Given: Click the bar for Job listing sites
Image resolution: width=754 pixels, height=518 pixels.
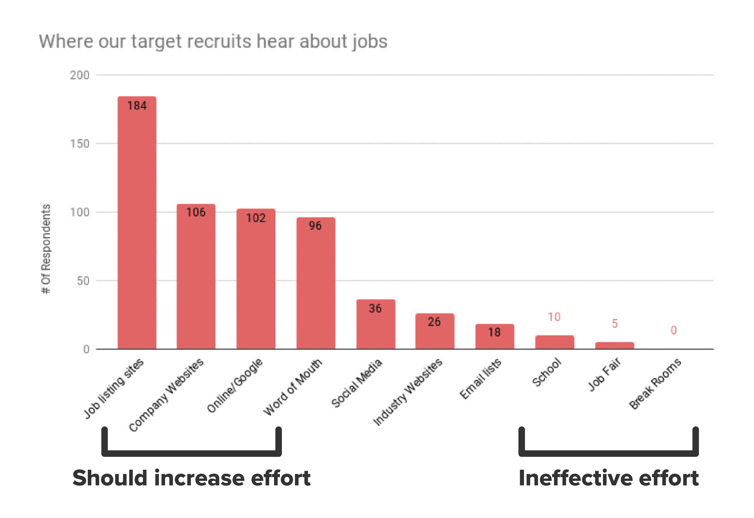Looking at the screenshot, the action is click(137, 222).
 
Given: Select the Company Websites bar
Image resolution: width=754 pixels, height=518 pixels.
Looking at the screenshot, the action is click(196, 276).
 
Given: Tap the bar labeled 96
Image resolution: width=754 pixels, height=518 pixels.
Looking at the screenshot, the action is click(316, 283).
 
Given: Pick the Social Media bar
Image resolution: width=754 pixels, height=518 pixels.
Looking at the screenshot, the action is click(376, 324).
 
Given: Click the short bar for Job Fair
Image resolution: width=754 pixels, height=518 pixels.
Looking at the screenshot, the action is click(614, 345).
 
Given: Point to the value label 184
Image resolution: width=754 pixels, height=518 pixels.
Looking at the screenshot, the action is click(137, 106).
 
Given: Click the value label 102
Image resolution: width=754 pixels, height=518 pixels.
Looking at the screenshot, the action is click(256, 218).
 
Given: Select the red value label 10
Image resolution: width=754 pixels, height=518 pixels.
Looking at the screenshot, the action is click(554, 317).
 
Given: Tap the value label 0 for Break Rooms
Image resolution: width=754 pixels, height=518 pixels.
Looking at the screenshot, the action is click(673, 330).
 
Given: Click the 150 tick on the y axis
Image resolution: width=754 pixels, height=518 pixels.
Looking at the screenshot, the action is click(80, 144).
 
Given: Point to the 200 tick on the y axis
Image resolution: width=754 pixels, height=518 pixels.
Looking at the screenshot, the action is click(80, 75).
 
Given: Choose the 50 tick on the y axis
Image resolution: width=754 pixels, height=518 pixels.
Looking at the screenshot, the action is click(83, 281).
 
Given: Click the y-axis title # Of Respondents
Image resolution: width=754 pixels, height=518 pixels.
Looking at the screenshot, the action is click(46, 249).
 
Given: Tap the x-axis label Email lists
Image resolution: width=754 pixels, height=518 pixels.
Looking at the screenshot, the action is click(480, 379).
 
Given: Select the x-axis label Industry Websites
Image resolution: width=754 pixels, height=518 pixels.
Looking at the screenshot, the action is click(408, 392).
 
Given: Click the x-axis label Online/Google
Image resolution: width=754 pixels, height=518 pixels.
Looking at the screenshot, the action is click(235, 386).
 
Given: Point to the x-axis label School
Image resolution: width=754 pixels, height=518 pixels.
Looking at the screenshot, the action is click(546, 372).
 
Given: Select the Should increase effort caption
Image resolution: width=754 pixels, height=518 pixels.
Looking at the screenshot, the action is click(192, 478).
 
